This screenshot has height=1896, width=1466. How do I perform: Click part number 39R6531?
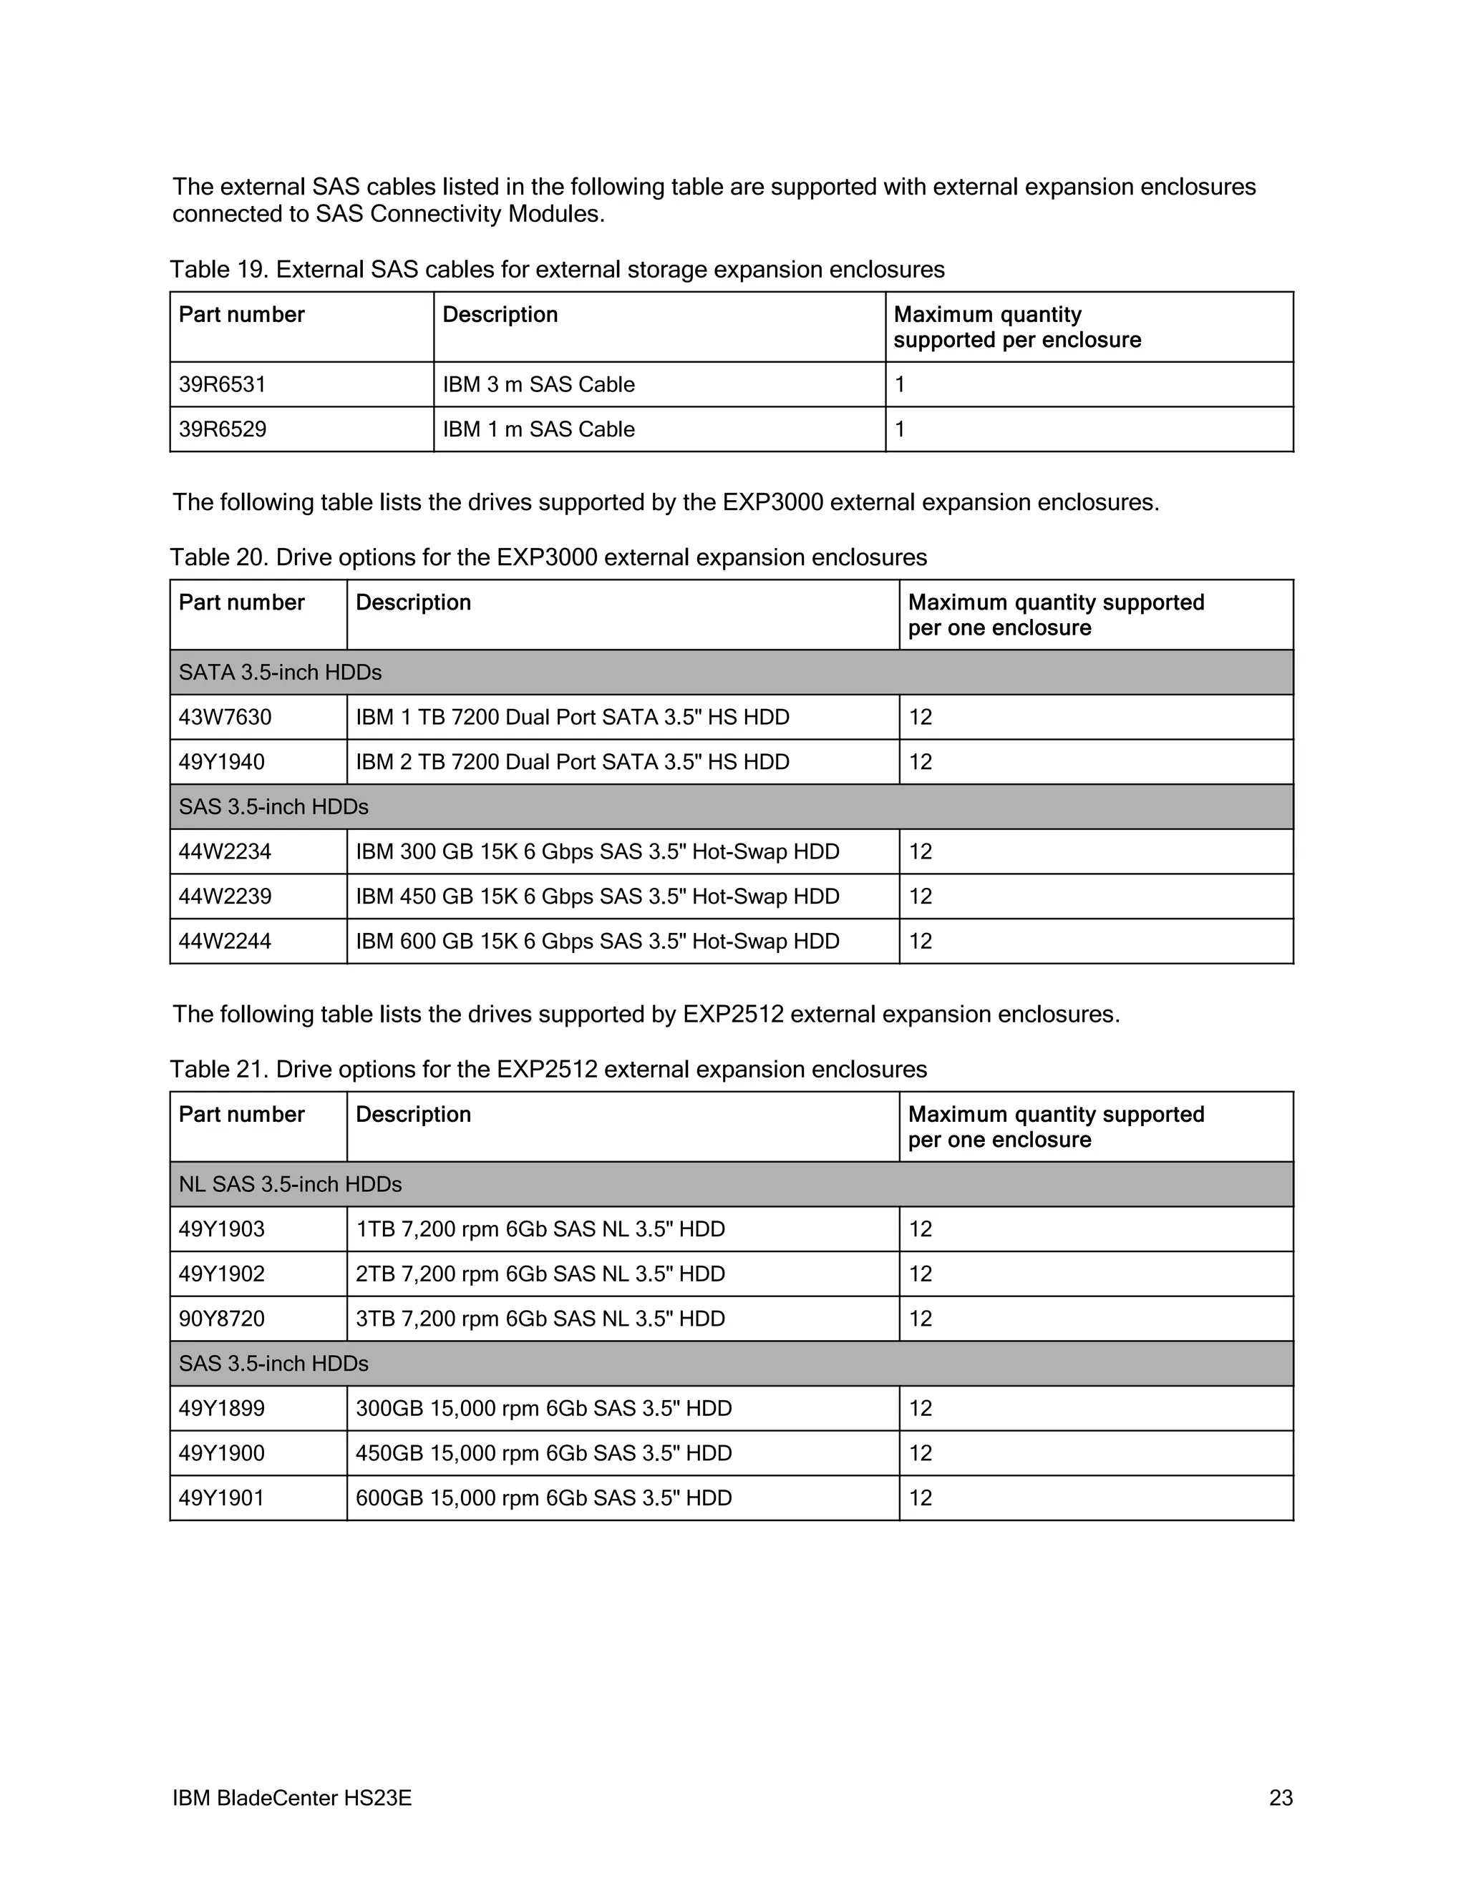click(223, 385)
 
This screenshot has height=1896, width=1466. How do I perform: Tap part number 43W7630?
click(225, 717)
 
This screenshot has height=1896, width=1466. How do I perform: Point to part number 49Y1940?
click(221, 762)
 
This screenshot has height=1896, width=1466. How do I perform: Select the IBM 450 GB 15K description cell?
click(598, 896)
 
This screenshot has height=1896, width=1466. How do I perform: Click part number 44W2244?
click(225, 941)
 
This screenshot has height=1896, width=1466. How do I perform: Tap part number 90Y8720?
click(221, 1319)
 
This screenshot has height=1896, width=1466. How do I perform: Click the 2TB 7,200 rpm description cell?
click(540, 1274)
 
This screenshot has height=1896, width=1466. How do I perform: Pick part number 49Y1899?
click(221, 1408)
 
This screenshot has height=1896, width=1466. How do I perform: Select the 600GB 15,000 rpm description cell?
click(544, 1497)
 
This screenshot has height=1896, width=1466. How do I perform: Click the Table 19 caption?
click(557, 270)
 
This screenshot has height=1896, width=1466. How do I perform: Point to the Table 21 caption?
click(548, 1070)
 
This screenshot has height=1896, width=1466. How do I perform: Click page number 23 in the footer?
click(1280, 1798)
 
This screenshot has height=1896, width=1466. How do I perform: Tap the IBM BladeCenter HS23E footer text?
click(292, 1798)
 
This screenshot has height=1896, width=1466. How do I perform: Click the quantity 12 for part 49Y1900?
click(920, 1453)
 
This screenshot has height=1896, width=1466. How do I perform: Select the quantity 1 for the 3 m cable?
click(900, 385)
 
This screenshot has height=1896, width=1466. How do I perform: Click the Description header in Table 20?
click(414, 602)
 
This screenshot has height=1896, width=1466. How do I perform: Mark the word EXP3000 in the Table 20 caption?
click(546, 557)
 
